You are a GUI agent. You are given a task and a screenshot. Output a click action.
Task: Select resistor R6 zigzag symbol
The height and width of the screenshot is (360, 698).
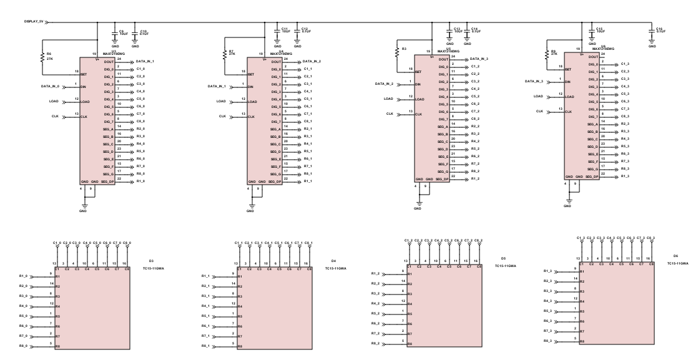(42, 56)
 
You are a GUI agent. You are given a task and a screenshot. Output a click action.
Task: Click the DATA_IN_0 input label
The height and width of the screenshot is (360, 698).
(51, 85)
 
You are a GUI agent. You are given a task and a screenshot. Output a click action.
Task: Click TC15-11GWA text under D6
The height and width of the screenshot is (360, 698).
(677, 264)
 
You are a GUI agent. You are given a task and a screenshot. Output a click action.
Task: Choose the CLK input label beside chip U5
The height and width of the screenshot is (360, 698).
(390, 114)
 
